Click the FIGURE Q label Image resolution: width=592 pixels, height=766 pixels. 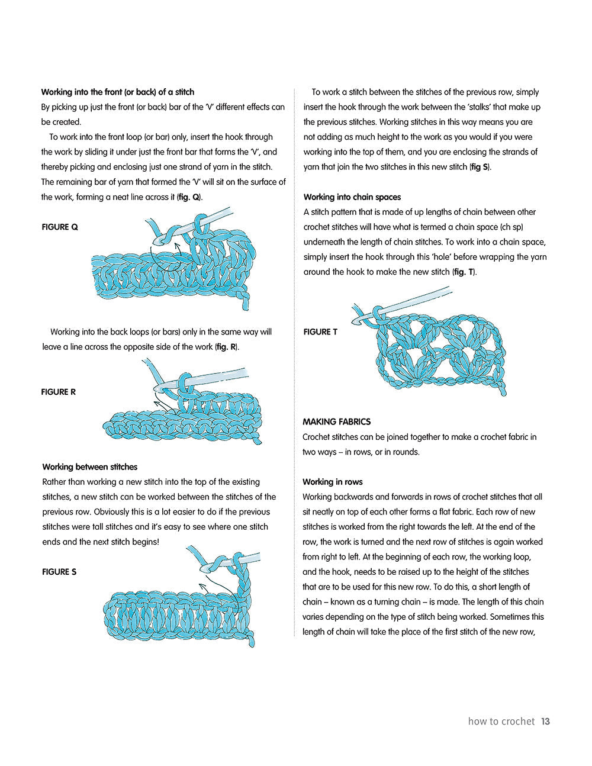(x=60, y=227)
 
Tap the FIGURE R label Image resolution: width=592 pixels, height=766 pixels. (x=59, y=392)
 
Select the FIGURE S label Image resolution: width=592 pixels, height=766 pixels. (x=59, y=572)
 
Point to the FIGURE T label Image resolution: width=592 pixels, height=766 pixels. (x=320, y=332)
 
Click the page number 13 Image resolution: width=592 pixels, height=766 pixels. (x=545, y=721)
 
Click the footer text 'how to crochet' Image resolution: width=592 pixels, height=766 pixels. (x=501, y=721)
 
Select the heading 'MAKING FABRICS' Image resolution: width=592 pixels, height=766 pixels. (x=336, y=422)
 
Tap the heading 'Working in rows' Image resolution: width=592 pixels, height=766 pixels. (x=332, y=482)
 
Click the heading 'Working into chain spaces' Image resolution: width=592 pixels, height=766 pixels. (x=352, y=197)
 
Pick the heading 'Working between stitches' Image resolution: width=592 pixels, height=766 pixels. (x=89, y=467)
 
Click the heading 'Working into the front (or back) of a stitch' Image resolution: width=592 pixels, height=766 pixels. (x=117, y=92)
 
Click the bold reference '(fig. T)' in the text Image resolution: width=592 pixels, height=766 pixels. (x=464, y=272)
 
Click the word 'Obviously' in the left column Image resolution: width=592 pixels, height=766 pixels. (x=113, y=512)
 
